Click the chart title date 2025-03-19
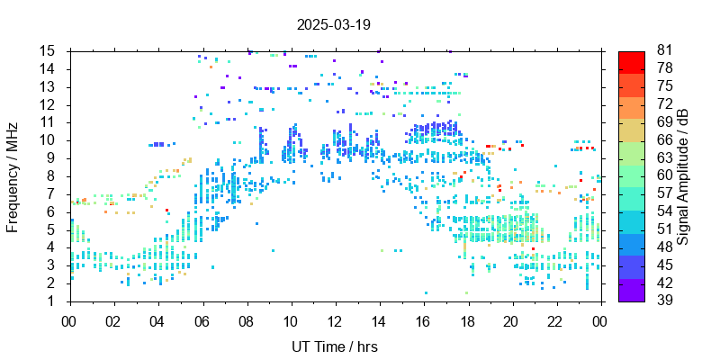point(334,24)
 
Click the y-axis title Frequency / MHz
point(13,176)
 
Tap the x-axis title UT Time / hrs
point(335,346)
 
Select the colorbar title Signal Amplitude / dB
point(683,176)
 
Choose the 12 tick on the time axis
point(335,319)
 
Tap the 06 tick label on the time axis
point(202,319)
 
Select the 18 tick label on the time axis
point(467,319)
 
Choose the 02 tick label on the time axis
point(113,319)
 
